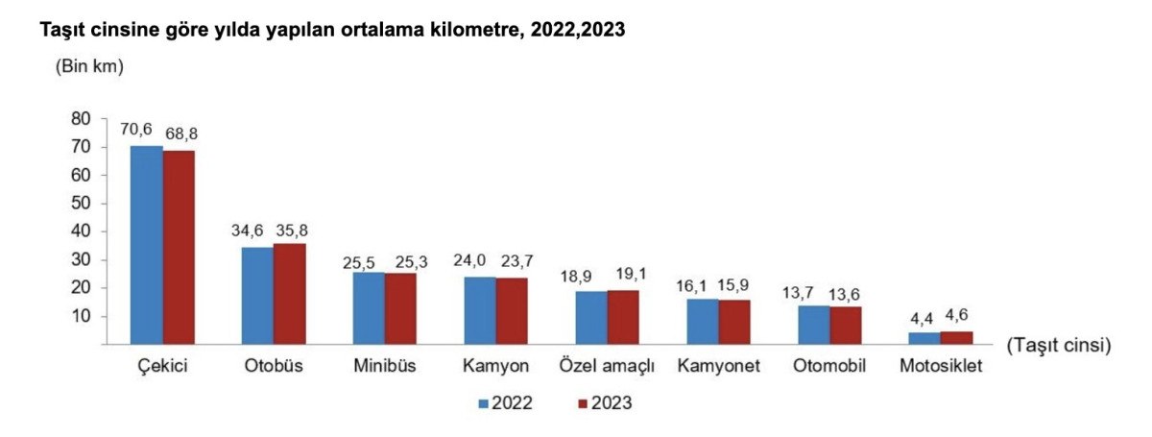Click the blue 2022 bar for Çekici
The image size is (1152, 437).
(x=146, y=245)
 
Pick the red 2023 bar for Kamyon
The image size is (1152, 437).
(x=512, y=310)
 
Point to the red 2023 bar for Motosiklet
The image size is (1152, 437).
(x=957, y=337)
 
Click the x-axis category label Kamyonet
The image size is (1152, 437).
(x=717, y=367)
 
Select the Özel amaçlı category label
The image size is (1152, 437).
(x=606, y=367)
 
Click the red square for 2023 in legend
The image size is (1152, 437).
(x=583, y=402)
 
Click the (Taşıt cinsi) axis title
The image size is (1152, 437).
(x=1059, y=345)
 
